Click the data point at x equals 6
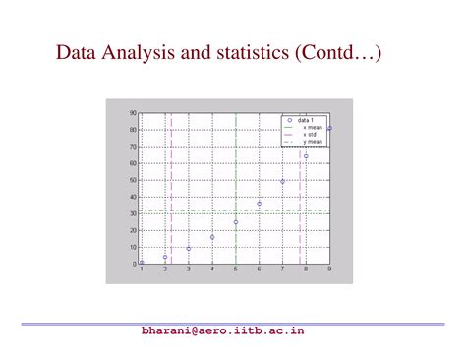click(x=260, y=204)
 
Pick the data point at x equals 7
click(x=283, y=181)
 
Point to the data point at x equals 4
click(x=212, y=237)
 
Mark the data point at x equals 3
click(x=189, y=248)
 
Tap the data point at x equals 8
click(x=306, y=156)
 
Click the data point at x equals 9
click(x=329, y=128)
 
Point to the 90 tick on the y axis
click(x=133, y=113)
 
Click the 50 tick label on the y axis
click(x=133, y=180)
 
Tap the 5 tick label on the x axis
click(x=236, y=270)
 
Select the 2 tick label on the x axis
click(x=165, y=270)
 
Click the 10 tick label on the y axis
click(x=133, y=247)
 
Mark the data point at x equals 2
click(x=165, y=258)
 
